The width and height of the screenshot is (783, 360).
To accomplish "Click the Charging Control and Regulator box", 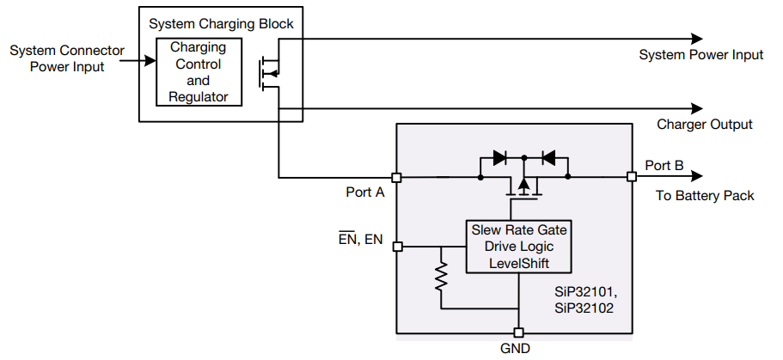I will click(198, 72).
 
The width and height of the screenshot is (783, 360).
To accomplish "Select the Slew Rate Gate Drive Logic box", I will click(518, 247).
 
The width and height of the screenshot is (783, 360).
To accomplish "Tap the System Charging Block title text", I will click(221, 24).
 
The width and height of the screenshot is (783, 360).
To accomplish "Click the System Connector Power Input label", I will click(67, 58).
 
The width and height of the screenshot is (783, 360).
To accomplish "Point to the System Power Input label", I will click(700, 55).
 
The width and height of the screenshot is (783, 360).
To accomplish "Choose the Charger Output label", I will click(704, 125).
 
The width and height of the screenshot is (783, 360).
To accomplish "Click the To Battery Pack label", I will click(705, 196).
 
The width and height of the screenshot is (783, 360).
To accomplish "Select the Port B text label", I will click(664, 166).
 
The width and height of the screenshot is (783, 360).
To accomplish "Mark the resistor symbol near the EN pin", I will click(441, 278).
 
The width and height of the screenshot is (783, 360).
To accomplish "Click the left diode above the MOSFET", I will click(500, 158).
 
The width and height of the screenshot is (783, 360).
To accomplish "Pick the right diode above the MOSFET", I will click(547, 158).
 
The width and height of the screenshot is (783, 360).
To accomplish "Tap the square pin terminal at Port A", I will click(396, 178).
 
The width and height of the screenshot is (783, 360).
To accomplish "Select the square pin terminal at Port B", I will click(632, 177).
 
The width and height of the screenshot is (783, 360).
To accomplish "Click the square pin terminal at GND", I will click(518, 333).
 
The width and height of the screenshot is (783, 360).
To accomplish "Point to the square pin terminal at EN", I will click(397, 247).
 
